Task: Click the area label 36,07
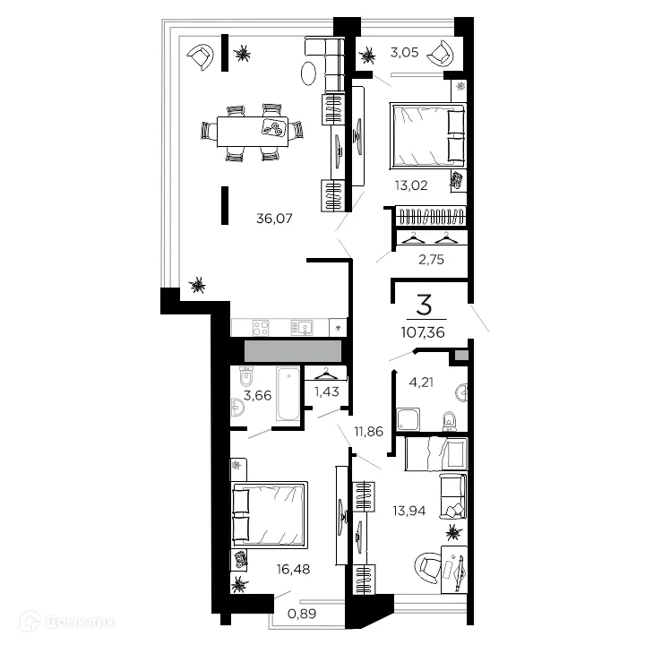274,218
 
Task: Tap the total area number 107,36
423,332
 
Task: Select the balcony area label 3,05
404,52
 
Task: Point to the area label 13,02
411,185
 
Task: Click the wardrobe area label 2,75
431,260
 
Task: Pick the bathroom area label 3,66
257,395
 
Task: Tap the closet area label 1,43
327,391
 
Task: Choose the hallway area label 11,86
368,431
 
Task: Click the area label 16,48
293,570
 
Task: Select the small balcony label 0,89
302,614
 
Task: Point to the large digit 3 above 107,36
424,305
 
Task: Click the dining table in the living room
253,132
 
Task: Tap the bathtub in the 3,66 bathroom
288,394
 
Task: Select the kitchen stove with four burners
261,328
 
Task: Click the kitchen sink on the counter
302,328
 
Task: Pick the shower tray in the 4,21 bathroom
408,419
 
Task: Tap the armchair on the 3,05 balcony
441,54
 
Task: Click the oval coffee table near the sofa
308,73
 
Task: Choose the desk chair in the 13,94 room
428,568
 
